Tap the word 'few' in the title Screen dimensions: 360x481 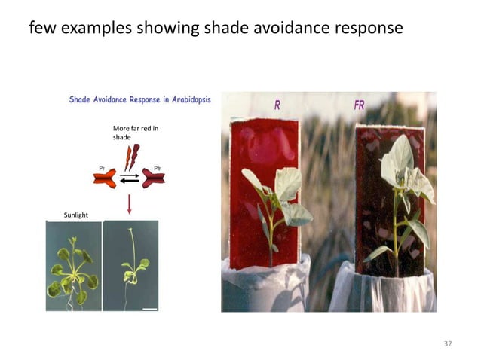pos(41,29)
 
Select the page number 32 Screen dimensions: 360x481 pos(448,343)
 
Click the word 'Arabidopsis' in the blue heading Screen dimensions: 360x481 pos(185,99)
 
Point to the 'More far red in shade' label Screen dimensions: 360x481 pos(135,133)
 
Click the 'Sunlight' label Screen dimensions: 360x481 pos(75,215)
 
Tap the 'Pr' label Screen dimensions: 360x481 pos(102,167)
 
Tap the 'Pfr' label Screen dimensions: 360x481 pos(157,167)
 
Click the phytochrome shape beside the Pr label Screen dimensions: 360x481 pos(105,178)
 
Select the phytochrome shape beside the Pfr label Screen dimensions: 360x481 pos(153,178)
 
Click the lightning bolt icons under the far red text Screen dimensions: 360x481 pos(131,157)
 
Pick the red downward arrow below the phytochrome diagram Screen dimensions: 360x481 pos(130,204)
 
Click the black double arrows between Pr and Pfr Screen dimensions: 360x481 pos(130,179)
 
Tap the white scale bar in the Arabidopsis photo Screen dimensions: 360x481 pos(149,308)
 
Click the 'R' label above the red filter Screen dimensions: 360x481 pos(277,106)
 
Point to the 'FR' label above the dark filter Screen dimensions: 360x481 pos(359,105)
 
